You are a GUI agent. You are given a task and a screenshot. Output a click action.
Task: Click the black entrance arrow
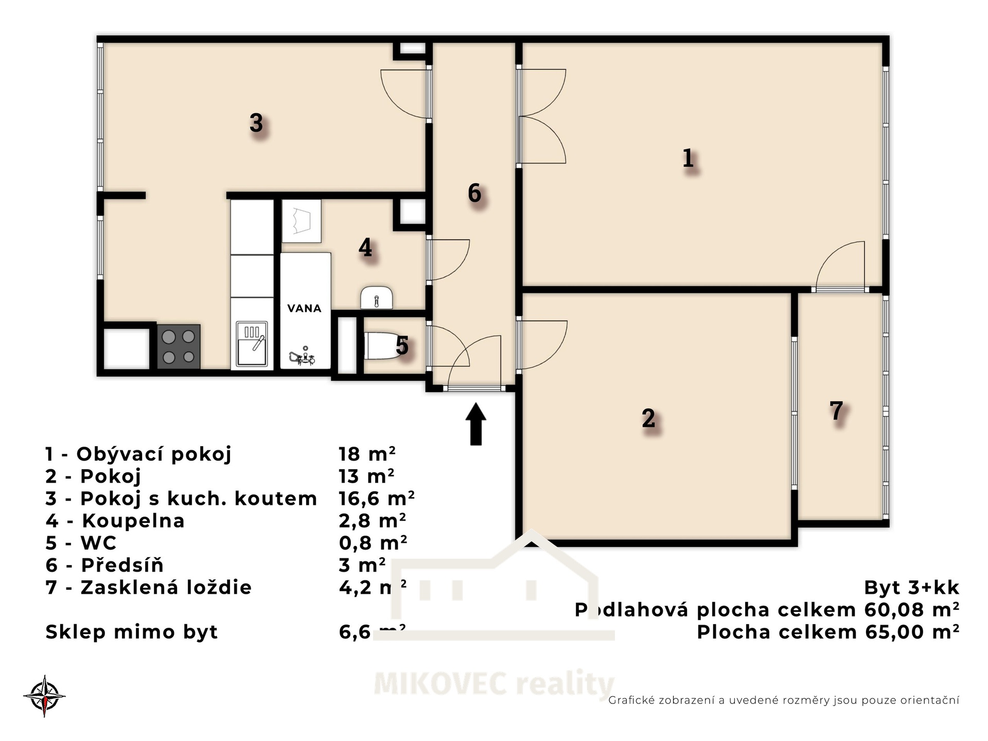click(x=475, y=424)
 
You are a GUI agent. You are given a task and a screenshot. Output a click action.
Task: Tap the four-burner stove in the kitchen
click(x=179, y=346)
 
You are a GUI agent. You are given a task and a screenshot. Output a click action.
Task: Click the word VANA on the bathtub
click(x=304, y=308)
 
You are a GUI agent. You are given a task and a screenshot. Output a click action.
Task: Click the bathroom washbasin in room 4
click(x=377, y=298)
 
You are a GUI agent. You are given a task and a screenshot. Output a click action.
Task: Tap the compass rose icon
click(x=45, y=696)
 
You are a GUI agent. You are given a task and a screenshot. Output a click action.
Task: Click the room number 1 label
click(x=688, y=158)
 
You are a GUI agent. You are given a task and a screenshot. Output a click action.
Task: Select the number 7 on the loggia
click(x=836, y=411)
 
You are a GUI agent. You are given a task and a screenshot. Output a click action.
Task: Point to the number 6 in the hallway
click(x=474, y=193)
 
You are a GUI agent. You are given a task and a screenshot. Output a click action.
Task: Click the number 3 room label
click(x=256, y=123)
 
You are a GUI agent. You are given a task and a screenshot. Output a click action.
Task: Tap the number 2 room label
click(x=648, y=418)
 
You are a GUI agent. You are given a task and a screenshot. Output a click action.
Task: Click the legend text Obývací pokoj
click(x=154, y=454)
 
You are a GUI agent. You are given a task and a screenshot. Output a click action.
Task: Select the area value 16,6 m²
click(x=377, y=498)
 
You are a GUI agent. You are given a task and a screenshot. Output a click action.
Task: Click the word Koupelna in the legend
click(x=133, y=521)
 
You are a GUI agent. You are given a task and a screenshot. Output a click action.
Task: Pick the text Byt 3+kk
click(x=911, y=587)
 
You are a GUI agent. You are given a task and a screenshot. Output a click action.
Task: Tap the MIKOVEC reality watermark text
click(x=494, y=684)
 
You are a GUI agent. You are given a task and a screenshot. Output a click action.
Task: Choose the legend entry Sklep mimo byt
click(x=132, y=632)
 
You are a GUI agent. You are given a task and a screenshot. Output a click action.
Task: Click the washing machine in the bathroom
click(x=302, y=221)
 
